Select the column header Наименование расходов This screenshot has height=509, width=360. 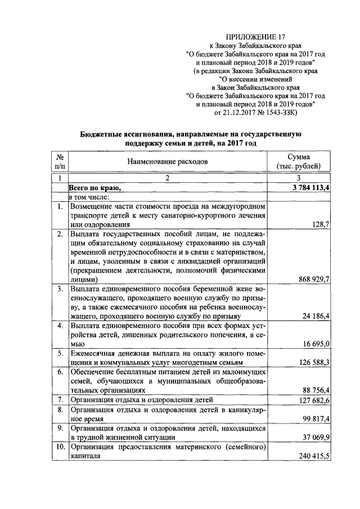pos(167,161)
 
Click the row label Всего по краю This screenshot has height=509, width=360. pos(94,188)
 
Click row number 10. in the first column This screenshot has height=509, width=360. pos(59,447)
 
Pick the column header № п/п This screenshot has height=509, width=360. pos(60,161)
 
